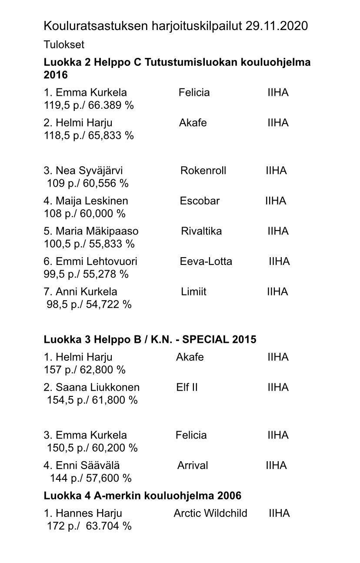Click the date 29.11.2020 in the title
(276, 26)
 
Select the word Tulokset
(64, 45)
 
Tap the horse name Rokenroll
(203, 171)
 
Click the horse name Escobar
(200, 201)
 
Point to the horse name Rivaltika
(201, 231)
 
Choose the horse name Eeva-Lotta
(206, 261)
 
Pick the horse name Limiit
(193, 292)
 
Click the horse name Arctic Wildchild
(210, 513)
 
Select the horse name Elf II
(187, 387)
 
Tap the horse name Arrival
(193, 466)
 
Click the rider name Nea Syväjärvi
(89, 171)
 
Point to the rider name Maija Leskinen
(92, 201)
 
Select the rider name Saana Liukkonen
(97, 387)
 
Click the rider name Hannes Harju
(89, 513)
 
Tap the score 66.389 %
(111, 105)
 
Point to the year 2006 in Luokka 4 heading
(229, 496)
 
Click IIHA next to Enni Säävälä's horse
(276, 466)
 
